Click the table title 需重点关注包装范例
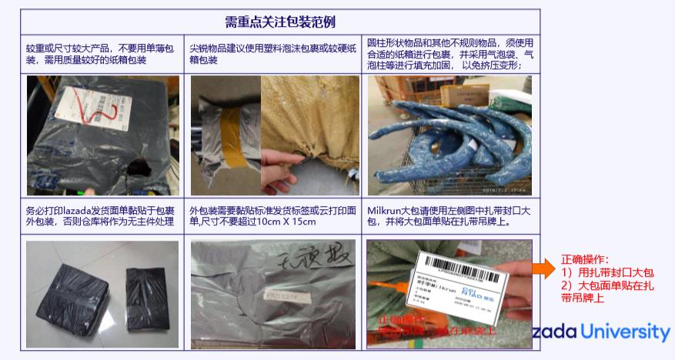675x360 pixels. coord(280,22)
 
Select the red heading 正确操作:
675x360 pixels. coord(585,259)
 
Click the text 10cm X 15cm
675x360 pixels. coord(282,222)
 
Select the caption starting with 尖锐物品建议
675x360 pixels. coord(273,54)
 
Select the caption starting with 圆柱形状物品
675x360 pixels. coord(450,54)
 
